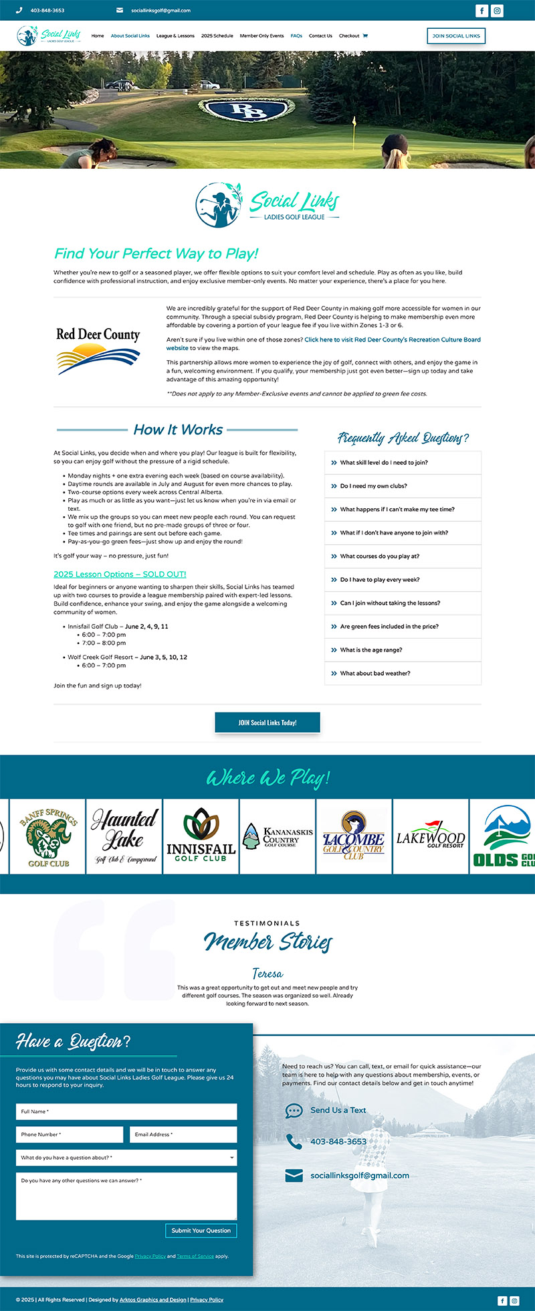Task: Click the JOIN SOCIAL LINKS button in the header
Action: click(x=456, y=35)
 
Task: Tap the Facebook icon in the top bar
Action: click(x=481, y=11)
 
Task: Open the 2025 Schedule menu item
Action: click(x=217, y=36)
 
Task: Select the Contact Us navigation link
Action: click(x=320, y=36)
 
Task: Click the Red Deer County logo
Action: click(x=98, y=350)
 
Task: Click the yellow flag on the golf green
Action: click(x=354, y=123)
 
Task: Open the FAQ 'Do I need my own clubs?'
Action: click(x=373, y=486)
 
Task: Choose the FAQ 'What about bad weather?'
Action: click(x=375, y=674)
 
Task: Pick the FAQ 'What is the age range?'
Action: click(x=371, y=650)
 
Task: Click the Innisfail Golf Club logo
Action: click(x=201, y=836)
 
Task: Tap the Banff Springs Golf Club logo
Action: click(x=48, y=837)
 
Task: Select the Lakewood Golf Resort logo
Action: click(x=430, y=837)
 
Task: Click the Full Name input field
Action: click(x=126, y=1111)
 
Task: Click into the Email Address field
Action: click(x=183, y=1134)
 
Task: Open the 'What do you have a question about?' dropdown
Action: click(x=126, y=1158)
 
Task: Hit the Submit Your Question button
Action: click(x=201, y=1230)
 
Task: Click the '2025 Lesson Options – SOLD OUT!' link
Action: click(x=120, y=574)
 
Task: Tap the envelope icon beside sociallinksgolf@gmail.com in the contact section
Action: click(x=294, y=1175)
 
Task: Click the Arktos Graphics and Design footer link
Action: click(x=153, y=1300)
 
